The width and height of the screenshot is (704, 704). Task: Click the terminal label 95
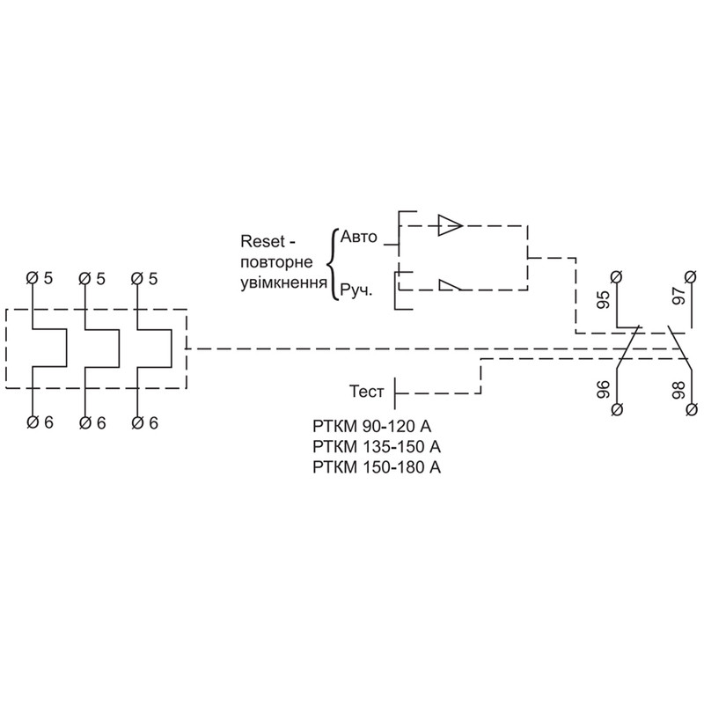click(604, 300)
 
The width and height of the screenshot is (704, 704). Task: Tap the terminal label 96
click(604, 390)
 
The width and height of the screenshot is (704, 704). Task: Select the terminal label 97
click(678, 297)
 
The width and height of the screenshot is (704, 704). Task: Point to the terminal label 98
click(678, 390)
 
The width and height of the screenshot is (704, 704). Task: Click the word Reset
click(262, 241)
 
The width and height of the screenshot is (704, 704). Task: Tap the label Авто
click(359, 237)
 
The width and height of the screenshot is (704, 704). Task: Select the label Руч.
click(356, 290)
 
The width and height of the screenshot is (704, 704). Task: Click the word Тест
click(367, 392)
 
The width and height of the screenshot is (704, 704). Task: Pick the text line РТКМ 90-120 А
click(371, 426)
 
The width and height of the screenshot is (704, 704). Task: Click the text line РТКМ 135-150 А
click(377, 447)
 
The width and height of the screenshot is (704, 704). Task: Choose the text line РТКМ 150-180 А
click(377, 467)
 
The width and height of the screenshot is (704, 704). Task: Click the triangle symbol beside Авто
click(450, 225)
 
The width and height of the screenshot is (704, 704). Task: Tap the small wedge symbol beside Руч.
click(450, 285)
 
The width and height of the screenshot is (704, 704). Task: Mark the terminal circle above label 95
click(617, 276)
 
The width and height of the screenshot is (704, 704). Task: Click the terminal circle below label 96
click(617, 409)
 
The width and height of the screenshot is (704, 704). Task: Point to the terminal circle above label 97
click(692, 276)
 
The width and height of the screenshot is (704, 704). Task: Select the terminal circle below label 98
click(692, 409)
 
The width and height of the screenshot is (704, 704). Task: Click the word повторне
click(276, 262)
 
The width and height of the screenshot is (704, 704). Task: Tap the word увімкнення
click(283, 282)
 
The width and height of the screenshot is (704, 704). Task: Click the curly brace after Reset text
click(331, 264)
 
